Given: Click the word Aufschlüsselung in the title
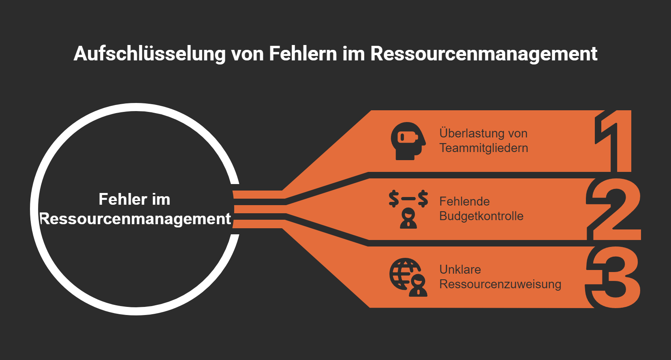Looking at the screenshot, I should click(x=149, y=54).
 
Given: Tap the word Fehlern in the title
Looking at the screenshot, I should click(x=303, y=54).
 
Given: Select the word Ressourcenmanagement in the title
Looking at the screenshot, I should click(x=484, y=54).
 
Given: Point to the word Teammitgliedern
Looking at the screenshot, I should click(x=484, y=148).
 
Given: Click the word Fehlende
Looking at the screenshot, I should click(x=464, y=201).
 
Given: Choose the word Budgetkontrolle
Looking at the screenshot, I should click(x=481, y=216).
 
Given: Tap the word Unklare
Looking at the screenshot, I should click(x=460, y=270).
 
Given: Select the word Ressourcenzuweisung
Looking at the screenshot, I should click(x=500, y=284).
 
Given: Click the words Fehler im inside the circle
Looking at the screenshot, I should click(x=135, y=199).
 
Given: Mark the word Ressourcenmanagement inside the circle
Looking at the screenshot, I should click(x=135, y=219).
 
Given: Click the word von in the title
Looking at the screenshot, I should click(x=247, y=54).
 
